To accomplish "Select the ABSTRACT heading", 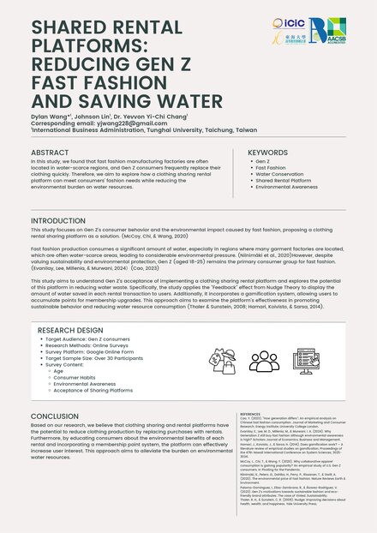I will pyautogui.click(x=51, y=152).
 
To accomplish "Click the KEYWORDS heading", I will pyautogui.click(x=267, y=152).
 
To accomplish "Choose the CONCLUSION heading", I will pyautogui.click(x=54, y=416).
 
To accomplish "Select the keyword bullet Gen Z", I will pyautogui.click(x=262, y=161).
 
